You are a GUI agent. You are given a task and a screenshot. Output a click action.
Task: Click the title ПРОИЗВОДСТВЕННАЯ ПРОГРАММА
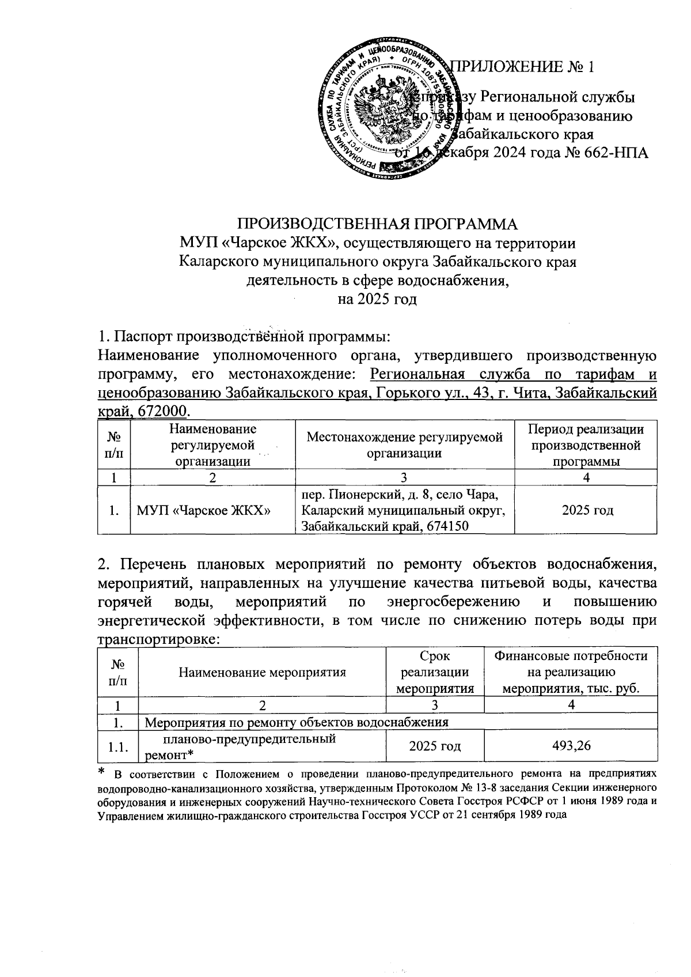pos(378,223)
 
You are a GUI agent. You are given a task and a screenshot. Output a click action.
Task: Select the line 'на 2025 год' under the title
pos(377,299)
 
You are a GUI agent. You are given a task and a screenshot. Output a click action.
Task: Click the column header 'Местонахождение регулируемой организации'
pos(404,444)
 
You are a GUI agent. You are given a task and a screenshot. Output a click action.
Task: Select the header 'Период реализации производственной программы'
pos(586,444)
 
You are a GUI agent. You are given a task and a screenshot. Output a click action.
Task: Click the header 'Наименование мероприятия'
pos(262,672)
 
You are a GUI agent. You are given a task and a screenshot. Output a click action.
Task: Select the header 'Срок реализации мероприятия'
pos(435,672)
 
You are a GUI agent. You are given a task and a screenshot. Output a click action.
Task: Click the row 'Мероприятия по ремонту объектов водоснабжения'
pos(296,721)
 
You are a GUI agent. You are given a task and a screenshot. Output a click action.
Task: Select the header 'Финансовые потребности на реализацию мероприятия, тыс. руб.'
pos(571,672)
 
